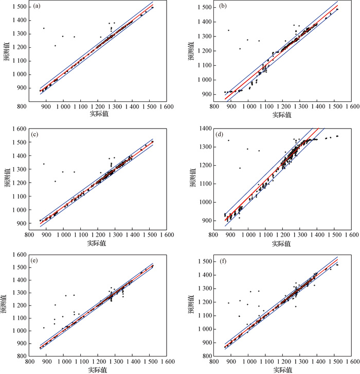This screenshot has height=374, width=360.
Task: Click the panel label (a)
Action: [37, 6]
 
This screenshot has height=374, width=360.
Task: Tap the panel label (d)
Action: [219, 134]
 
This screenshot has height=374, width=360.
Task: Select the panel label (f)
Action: [223, 261]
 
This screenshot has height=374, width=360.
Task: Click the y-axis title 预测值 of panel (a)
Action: [7, 52]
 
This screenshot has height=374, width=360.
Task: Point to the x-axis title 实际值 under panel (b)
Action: [282, 115]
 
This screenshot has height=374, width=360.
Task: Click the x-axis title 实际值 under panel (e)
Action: [98, 370]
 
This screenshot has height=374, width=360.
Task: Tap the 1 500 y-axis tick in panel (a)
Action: [20, 7]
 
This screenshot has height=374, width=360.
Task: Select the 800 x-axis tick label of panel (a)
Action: [22, 106]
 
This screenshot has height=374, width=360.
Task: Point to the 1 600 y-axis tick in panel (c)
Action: [20, 129]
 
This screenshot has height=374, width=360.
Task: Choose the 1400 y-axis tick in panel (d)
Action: [206, 129]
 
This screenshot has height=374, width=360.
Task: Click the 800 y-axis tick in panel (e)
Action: [22, 356]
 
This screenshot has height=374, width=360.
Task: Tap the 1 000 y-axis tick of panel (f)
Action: [205, 329]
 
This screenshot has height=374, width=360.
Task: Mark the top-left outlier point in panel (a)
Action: [44, 28]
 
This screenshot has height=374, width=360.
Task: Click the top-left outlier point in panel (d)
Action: [228, 140]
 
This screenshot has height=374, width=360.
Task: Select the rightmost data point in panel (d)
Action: [337, 136]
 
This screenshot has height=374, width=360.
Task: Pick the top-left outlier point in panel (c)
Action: [44, 164]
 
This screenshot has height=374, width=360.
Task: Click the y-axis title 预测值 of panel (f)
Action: [191, 304]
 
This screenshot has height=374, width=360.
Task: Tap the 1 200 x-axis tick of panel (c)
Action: [98, 235]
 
